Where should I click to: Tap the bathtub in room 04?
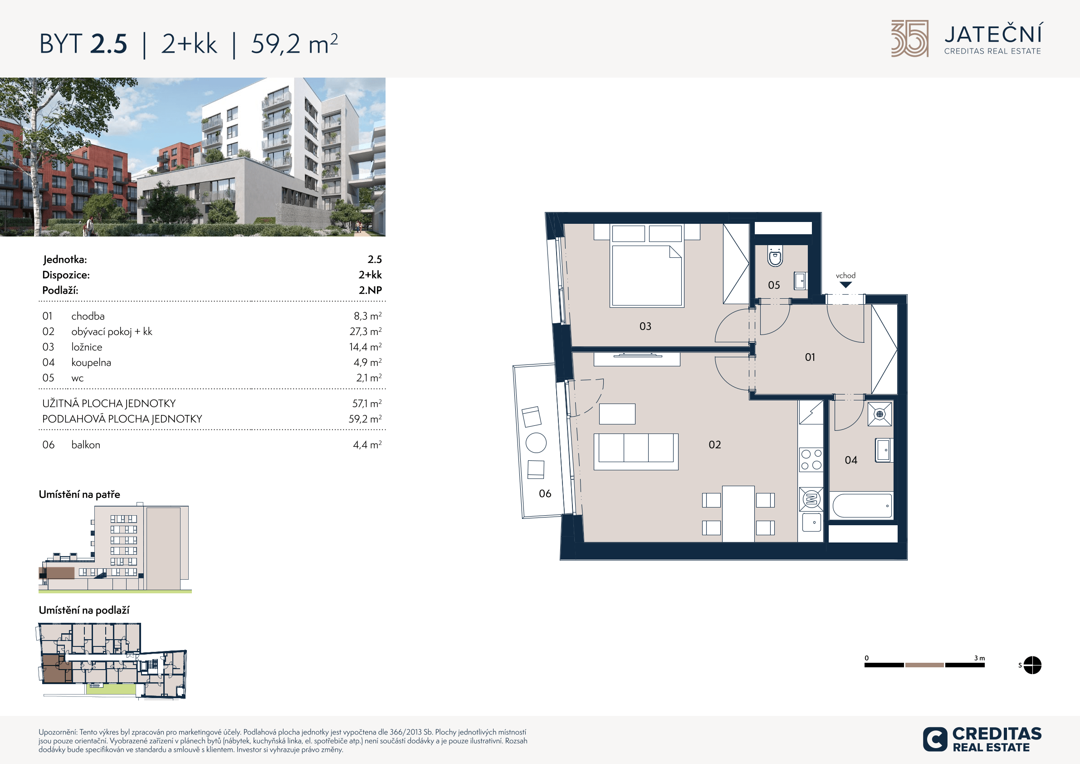click(862, 506)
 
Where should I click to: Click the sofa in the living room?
click(636, 451)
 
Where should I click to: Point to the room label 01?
click(810, 357)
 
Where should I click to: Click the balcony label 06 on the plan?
click(545, 494)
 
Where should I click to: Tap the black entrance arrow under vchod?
click(846, 285)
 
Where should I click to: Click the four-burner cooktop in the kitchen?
click(811, 459)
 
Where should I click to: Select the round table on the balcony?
click(536, 443)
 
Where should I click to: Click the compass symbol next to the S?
click(1032, 665)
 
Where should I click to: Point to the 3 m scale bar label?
click(979, 658)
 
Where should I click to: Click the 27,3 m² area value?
click(366, 331)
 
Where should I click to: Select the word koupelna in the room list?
click(91, 362)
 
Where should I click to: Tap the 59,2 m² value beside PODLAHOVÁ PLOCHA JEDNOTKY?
click(365, 419)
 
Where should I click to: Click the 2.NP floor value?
click(370, 291)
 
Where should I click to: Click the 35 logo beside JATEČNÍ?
click(910, 39)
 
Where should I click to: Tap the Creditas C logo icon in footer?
click(935, 739)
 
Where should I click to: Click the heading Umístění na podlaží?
click(84, 610)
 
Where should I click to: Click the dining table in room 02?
click(738, 514)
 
